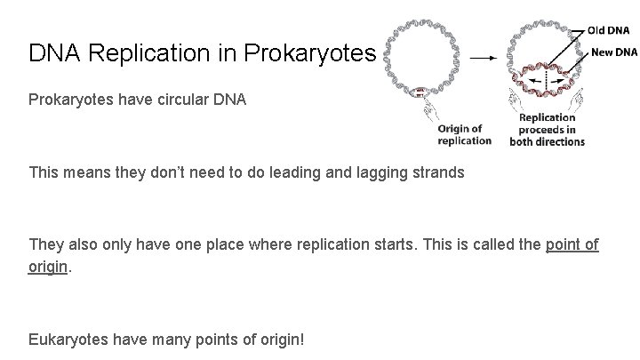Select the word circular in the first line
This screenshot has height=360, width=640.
pyautogui.click(x=175, y=100)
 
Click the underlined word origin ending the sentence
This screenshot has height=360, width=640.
pyautogui.click(x=48, y=266)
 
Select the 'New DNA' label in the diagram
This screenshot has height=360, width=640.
pyautogui.click(x=613, y=52)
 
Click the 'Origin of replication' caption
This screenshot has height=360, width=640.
pyautogui.click(x=464, y=134)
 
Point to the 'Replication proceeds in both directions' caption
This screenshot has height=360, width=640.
pyautogui.click(x=547, y=130)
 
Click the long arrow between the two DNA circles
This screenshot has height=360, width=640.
pyautogui.click(x=483, y=57)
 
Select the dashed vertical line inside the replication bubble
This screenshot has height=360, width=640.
pyautogui.click(x=547, y=82)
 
